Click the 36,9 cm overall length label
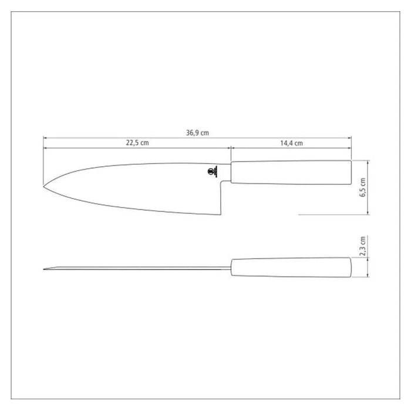tap(197, 133)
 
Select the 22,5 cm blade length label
tap(137, 143)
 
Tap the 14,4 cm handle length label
tap(291, 143)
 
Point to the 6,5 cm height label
tap(363, 188)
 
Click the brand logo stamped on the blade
tap(212, 171)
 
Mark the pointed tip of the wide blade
tap(44, 187)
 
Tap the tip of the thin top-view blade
tap(45, 270)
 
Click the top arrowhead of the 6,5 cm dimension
tap(368, 161)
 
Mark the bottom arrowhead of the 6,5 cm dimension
tap(368, 214)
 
